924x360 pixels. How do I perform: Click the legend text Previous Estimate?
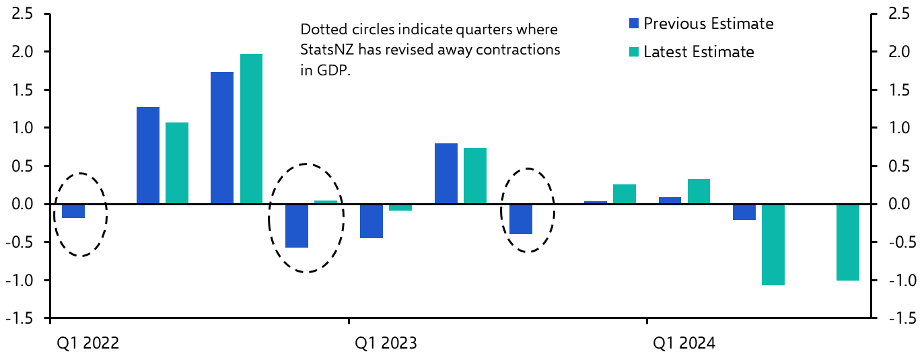(x=708, y=24)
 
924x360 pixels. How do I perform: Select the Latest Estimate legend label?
(x=699, y=52)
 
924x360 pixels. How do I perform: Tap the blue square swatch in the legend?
(x=633, y=24)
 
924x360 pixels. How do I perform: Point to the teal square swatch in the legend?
(x=633, y=52)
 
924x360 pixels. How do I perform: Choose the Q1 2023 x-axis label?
(x=386, y=343)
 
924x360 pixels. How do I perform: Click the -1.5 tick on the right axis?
(x=900, y=318)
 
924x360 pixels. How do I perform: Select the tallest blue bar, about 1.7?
(x=222, y=137)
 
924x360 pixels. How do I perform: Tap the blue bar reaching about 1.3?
(x=148, y=155)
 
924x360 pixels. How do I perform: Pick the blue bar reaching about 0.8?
(x=446, y=173)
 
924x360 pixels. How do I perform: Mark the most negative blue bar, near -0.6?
(x=297, y=225)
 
